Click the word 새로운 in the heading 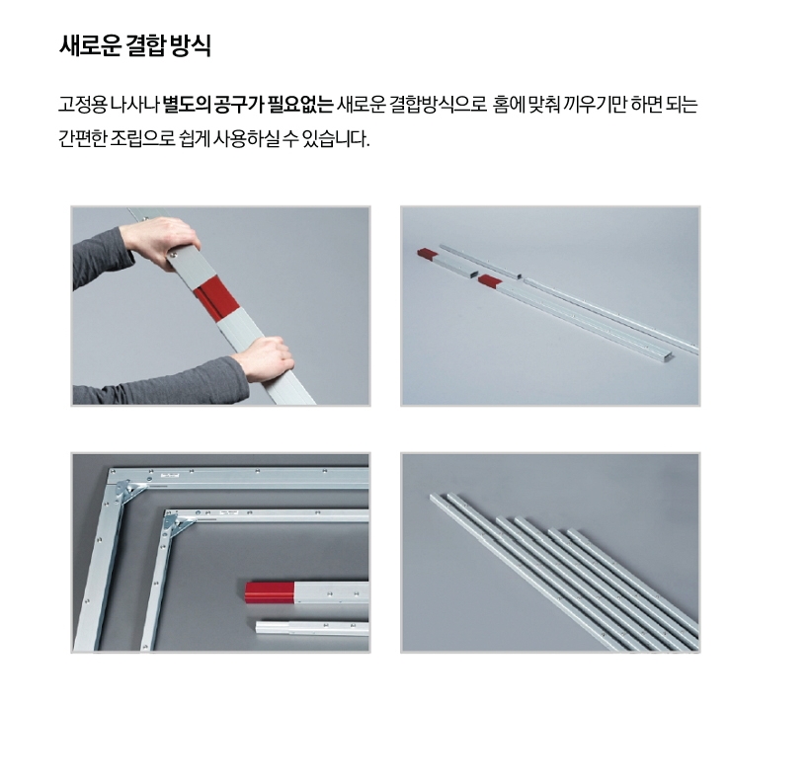[x=90, y=45]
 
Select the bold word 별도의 [x=187, y=105]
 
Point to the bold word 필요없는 [x=300, y=105]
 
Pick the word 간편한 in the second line [x=83, y=138]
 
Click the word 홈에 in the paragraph [x=509, y=105]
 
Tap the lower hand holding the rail [x=265, y=359]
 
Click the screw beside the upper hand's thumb [x=172, y=254]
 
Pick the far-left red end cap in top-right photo [x=427, y=254]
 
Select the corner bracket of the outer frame [x=129, y=490]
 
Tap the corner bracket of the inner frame [x=178, y=524]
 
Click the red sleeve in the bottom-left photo [x=270, y=592]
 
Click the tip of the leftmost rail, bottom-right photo [x=432, y=497]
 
